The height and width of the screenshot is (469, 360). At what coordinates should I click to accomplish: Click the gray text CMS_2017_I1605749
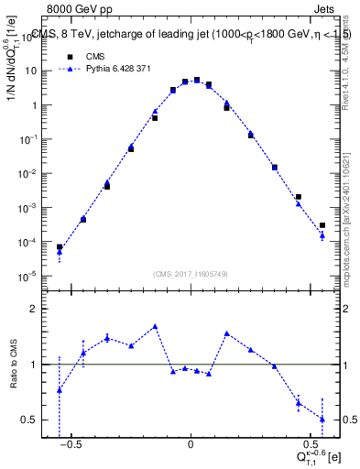(x=191, y=275)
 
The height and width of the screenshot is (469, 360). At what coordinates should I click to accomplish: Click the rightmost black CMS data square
(x=322, y=225)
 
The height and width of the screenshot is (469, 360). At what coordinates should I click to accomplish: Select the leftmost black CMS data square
(x=60, y=247)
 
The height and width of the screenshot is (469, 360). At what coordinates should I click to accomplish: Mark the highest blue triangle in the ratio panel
(x=155, y=326)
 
